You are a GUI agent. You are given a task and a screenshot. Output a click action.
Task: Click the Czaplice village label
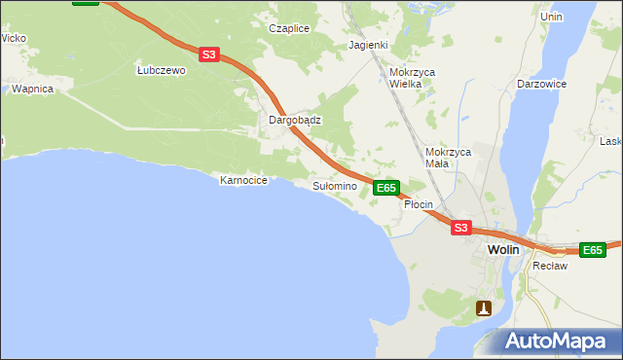[289, 28]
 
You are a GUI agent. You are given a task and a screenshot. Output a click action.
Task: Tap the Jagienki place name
[369, 45]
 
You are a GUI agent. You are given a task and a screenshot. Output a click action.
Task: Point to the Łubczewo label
[161, 70]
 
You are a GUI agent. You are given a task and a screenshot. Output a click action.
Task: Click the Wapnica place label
[32, 89]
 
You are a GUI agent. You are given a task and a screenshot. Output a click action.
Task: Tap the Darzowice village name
[542, 84]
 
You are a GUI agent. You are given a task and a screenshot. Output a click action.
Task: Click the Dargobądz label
[295, 121]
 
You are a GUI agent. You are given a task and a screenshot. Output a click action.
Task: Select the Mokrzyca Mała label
[449, 158]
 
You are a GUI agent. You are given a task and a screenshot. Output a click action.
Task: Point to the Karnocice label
[243, 180]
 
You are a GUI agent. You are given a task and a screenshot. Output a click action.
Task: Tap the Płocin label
[418, 205]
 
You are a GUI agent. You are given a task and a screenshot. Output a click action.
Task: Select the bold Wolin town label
[503, 250]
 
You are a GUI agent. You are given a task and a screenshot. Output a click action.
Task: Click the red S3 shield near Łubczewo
[209, 55]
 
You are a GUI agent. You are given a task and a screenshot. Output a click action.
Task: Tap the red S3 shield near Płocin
[461, 228]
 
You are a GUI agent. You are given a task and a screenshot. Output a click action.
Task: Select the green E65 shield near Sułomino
[386, 187]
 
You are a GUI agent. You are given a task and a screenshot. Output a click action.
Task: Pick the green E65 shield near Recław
[592, 250]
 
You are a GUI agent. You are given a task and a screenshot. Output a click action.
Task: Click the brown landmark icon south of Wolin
[484, 307]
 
